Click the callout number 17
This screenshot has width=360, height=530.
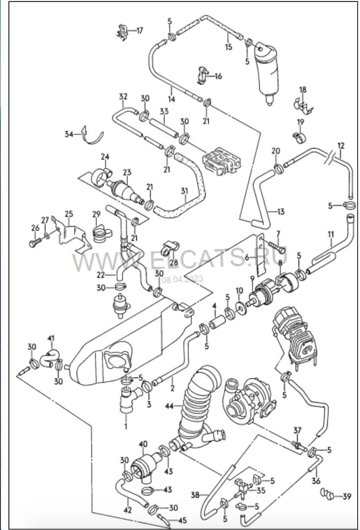[x=140, y=31]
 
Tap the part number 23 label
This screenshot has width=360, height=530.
[x=127, y=172]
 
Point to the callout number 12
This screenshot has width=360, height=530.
[x=341, y=146]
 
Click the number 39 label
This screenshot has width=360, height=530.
[x=347, y=496]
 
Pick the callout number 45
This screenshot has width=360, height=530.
[x=182, y=521]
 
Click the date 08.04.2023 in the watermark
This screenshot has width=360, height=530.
[x=183, y=279]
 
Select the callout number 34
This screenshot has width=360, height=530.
[x=69, y=134]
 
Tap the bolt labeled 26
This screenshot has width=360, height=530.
[x=35, y=243]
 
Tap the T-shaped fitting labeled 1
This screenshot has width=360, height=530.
[x=129, y=400]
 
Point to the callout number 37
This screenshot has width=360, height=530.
[x=297, y=430]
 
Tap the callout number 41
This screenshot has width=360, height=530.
[x=51, y=338]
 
